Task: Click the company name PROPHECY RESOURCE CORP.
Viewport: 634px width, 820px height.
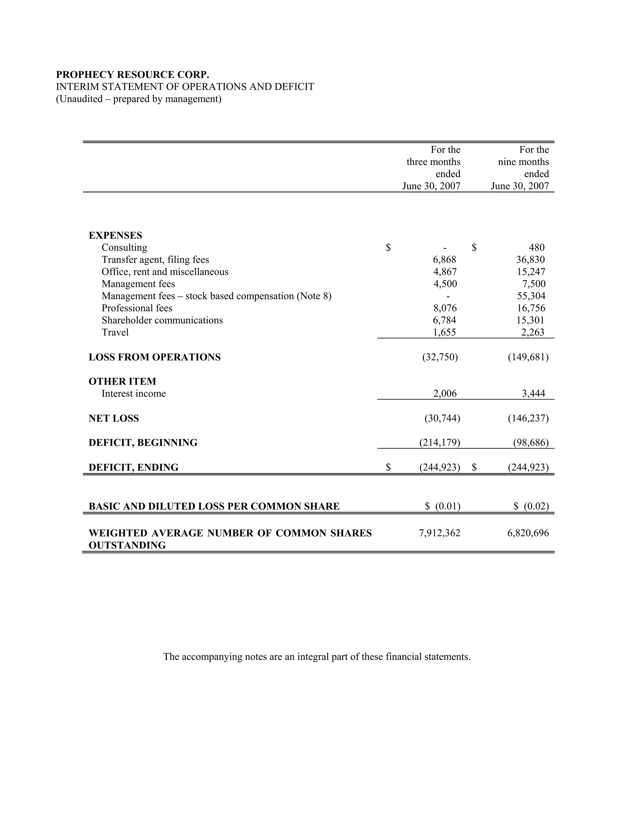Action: point(132,75)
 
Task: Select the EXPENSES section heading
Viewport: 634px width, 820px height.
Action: point(115,235)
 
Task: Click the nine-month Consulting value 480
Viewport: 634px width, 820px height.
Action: point(536,248)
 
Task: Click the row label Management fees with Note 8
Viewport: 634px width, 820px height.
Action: point(216,296)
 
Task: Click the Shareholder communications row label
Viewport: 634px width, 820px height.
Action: point(162,320)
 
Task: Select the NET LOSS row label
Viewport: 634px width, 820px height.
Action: point(113,418)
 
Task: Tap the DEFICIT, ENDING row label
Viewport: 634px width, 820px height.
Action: point(133,468)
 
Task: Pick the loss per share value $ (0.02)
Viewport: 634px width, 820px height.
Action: point(531,507)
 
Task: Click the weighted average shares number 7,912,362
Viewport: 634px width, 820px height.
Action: point(440,533)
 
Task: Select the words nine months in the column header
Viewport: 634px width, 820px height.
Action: point(523,162)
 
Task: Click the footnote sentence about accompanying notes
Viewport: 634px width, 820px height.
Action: point(317,657)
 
